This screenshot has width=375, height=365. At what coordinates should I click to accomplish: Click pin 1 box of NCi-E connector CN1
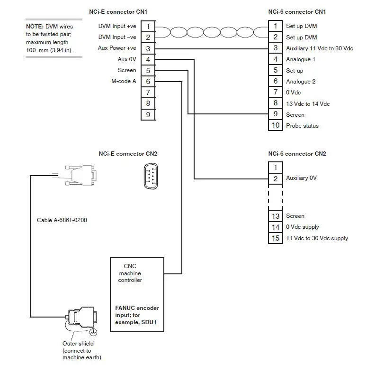(x=148, y=26)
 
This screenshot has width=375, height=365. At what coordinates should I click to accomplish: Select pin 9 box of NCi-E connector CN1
(x=148, y=114)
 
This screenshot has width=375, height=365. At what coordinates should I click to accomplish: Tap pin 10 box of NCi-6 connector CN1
(x=276, y=126)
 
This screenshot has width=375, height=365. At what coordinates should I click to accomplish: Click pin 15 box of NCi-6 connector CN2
(x=276, y=238)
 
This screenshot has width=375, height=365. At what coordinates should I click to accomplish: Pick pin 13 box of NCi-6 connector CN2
(x=276, y=216)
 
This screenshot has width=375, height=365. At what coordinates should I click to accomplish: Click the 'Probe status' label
(x=302, y=126)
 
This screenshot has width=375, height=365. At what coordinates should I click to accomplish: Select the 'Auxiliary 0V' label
(x=301, y=178)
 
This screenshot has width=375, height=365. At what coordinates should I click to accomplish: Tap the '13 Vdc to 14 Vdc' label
(x=308, y=103)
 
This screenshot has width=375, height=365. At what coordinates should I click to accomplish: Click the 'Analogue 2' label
(x=301, y=82)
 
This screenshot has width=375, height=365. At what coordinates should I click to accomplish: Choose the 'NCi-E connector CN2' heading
(x=128, y=154)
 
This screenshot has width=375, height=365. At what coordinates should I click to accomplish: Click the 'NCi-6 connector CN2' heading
(x=297, y=154)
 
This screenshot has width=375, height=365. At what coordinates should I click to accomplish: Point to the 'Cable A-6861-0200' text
(x=62, y=220)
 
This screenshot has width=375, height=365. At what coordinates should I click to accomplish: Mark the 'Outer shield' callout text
(x=78, y=343)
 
